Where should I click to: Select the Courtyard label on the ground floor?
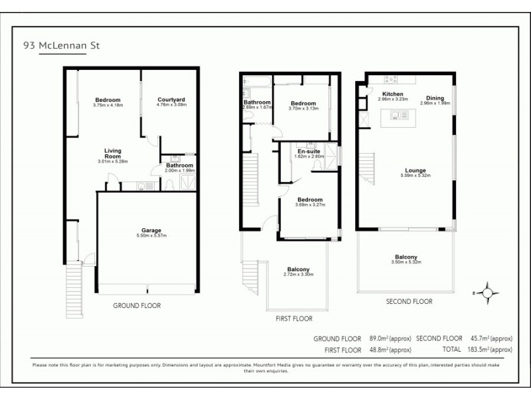tap(171, 102)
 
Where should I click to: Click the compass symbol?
tap(487, 292)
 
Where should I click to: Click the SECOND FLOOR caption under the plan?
tap(409, 301)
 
